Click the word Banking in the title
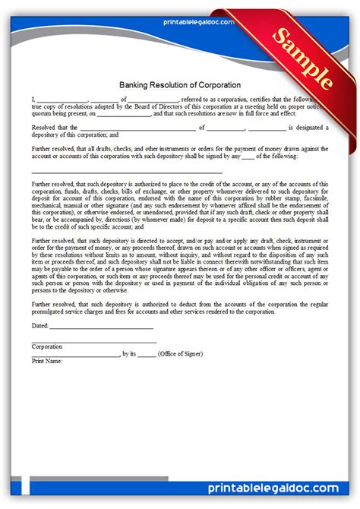134,84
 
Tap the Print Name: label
47,361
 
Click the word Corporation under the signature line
47,346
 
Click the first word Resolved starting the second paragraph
45,127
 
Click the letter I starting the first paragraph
33,100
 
